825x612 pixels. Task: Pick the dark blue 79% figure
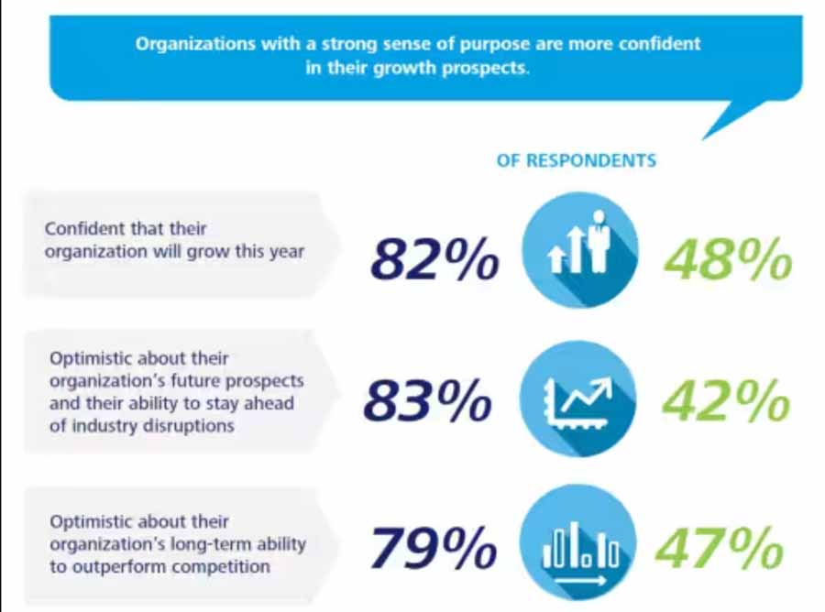click(x=434, y=550)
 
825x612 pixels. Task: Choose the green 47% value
click(x=721, y=550)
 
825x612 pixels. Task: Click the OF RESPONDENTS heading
click(x=577, y=160)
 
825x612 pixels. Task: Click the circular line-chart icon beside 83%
click(x=578, y=399)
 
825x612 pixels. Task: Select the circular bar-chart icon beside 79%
click(x=578, y=547)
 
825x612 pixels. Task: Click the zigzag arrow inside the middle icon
click(x=584, y=395)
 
